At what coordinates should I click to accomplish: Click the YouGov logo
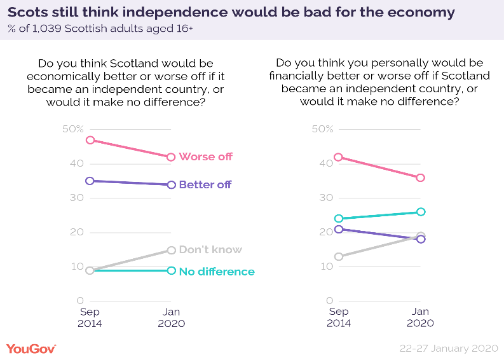pyautogui.click(x=31, y=349)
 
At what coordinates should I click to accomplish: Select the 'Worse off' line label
pyautogui.click(x=205, y=156)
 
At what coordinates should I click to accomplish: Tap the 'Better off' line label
pyautogui.click(x=205, y=185)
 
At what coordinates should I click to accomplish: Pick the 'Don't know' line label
pyautogui.click(x=210, y=250)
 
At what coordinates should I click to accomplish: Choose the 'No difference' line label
pyautogui.click(x=217, y=272)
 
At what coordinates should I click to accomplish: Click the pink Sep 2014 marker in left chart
pyautogui.click(x=90, y=140)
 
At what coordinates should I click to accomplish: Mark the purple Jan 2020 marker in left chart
pyautogui.click(x=171, y=184)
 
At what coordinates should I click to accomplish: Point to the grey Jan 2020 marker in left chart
pyautogui.click(x=171, y=250)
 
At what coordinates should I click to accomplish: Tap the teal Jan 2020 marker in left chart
pyautogui.click(x=171, y=270)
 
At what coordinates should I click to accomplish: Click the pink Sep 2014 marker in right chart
pyautogui.click(x=339, y=157)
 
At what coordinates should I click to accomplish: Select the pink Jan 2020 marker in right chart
pyautogui.click(x=420, y=177)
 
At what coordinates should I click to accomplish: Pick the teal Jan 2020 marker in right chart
pyautogui.click(x=420, y=212)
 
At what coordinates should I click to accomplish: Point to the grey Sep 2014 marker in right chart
pyautogui.click(x=339, y=256)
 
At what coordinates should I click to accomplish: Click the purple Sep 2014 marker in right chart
pyautogui.click(x=339, y=229)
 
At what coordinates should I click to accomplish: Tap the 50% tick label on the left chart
pyautogui.click(x=72, y=129)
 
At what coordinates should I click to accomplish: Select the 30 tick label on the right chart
pyautogui.click(x=325, y=198)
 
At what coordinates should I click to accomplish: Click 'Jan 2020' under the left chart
pyautogui.click(x=171, y=317)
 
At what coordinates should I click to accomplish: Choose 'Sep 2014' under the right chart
pyautogui.click(x=339, y=317)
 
